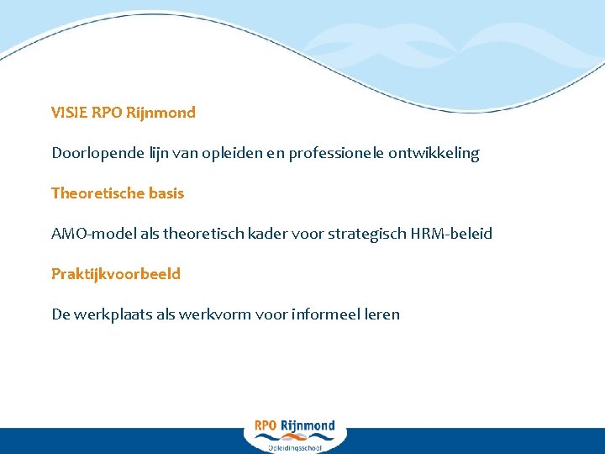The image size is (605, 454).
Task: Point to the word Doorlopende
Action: coord(94,153)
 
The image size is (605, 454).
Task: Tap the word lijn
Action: coord(155,153)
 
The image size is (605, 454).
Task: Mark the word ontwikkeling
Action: coord(433,154)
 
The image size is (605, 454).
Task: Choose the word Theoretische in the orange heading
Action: coord(97,193)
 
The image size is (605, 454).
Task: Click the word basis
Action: coord(166,193)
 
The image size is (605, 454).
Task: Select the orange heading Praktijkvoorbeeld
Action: coord(116,274)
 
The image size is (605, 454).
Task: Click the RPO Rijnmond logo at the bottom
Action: coord(294,426)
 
